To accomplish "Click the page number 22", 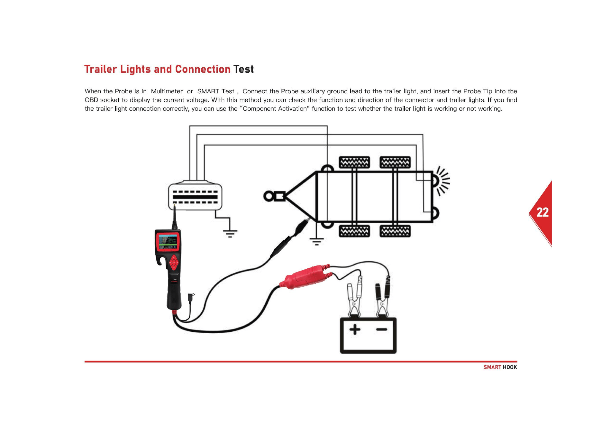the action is click(543, 212).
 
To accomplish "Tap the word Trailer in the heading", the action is click(100, 69).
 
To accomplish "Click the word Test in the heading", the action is click(243, 69).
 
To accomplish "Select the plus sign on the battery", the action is click(355, 329).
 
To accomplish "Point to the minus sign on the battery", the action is click(381, 329).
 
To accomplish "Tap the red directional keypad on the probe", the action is click(174, 263).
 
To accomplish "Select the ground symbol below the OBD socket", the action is click(230, 234).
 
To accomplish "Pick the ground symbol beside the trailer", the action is click(317, 241).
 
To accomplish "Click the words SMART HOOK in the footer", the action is click(500, 367).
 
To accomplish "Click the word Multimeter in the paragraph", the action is click(167, 91).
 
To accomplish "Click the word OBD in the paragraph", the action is click(91, 100).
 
